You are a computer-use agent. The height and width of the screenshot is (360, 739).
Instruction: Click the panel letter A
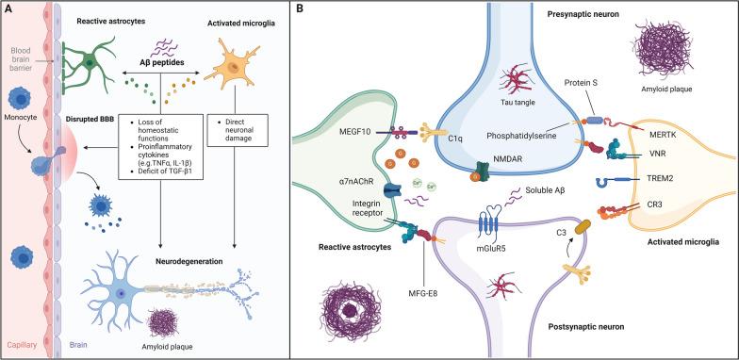pyautogui.click(x=8, y=8)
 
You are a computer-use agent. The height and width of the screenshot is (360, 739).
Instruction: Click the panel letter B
pyautogui.click(x=299, y=8)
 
